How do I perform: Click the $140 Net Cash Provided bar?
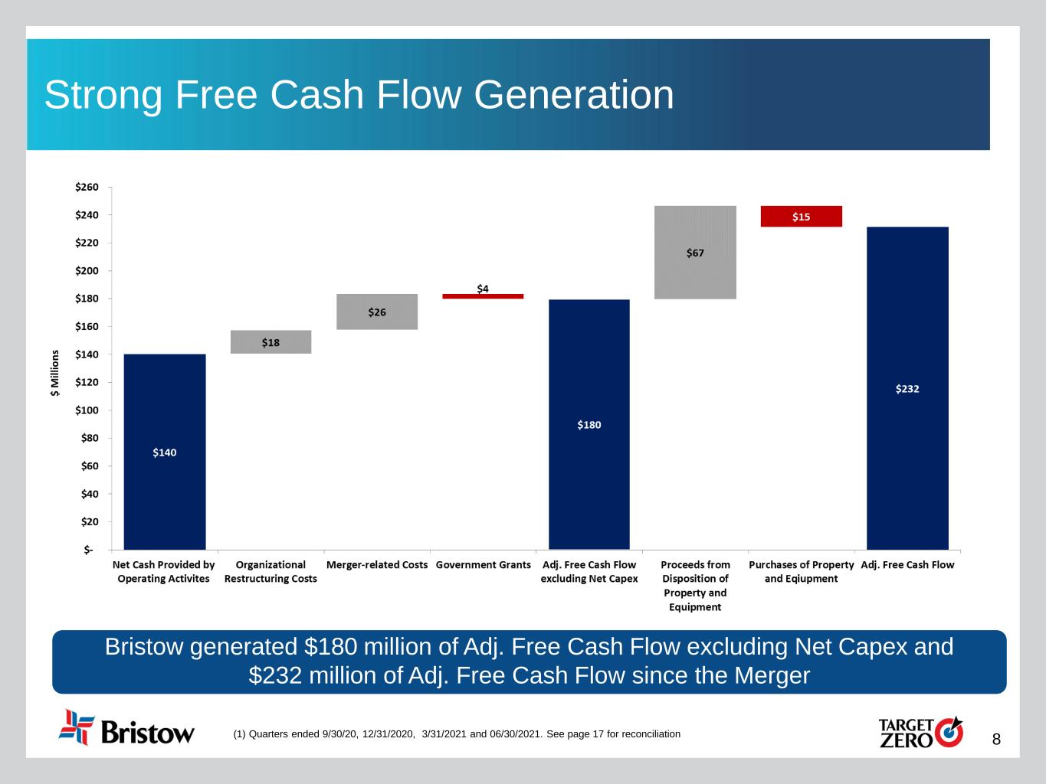pyautogui.click(x=165, y=452)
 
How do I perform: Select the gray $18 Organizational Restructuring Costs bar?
pyautogui.click(x=271, y=342)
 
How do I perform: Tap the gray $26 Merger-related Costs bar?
pyautogui.click(x=377, y=312)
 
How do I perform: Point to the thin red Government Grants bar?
pyautogui.click(x=483, y=296)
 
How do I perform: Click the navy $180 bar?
pyautogui.click(x=589, y=424)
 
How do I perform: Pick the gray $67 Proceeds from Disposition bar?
pyautogui.click(x=695, y=253)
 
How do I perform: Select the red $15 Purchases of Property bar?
pyautogui.click(x=801, y=217)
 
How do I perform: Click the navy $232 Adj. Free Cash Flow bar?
pyautogui.click(x=907, y=388)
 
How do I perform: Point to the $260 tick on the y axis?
pyautogui.click(x=87, y=188)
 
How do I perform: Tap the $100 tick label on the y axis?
pyautogui.click(x=87, y=410)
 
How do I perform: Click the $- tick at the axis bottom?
pyautogui.click(x=89, y=550)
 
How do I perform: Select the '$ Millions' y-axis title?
pyautogui.click(x=55, y=373)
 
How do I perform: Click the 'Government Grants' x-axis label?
pyautogui.click(x=483, y=565)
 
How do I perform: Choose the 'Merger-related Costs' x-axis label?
pyautogui.click(x=377, y=565)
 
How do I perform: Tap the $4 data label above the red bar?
pyautogui.click(x=483, y=288)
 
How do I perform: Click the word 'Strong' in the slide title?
pyautogui.click(x=103, y=95)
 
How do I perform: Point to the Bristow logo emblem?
pyautogui.click(x=77, y=727)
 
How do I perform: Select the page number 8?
pyautogui.click(x=996, y=740)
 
